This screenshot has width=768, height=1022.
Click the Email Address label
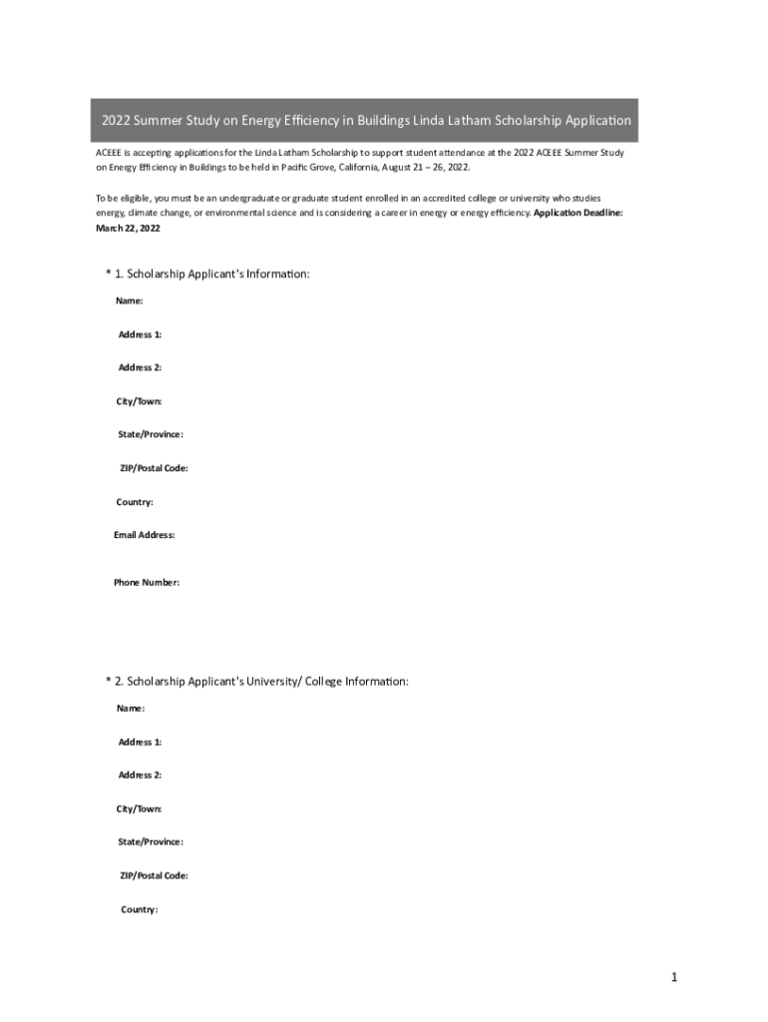(x=145, y=535)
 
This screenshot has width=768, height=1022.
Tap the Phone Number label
(x=147, y=582)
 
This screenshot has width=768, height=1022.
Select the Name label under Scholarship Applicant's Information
(x=130, y=300)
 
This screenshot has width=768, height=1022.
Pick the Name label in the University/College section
(x=131, y=708)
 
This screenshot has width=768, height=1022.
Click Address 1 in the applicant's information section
(x=141, y=334)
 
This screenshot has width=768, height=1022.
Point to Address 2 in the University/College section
(x=141, y=774)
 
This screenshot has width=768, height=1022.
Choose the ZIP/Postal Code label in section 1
(x=155, y=468)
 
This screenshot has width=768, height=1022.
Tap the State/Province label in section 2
(x=151, y=841)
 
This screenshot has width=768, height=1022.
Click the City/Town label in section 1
(x=139, y=401)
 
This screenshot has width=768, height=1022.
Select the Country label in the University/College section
(x=140, y=909)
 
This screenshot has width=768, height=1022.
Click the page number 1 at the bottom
(x=674, y=978)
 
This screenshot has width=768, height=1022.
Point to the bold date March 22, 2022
(x=128, y=229)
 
